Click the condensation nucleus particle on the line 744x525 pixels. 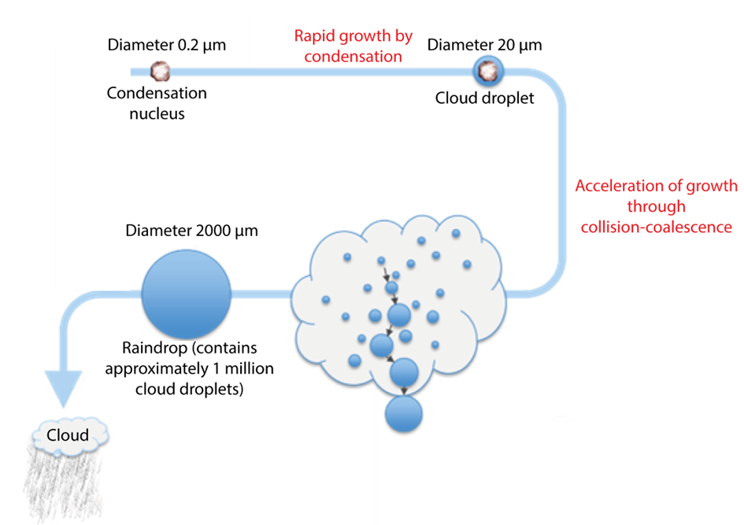(161, 72)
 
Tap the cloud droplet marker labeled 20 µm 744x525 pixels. (487, 72)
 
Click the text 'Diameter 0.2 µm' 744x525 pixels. (167, 45)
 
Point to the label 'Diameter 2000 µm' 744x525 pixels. (191, 231)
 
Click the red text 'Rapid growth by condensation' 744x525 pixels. (353, 46)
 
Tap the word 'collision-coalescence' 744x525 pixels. (657, 227)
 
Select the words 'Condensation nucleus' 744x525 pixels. (157, 103)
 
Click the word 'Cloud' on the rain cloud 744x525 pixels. (68, 435)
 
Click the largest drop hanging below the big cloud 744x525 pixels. (404, 413)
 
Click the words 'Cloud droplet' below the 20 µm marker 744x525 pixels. (487, 98)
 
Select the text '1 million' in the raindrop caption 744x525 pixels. (235, 368)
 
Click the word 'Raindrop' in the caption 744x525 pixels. (150, 348)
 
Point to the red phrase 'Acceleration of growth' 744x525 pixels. (656, 187)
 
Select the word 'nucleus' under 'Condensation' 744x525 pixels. (157, 113)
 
